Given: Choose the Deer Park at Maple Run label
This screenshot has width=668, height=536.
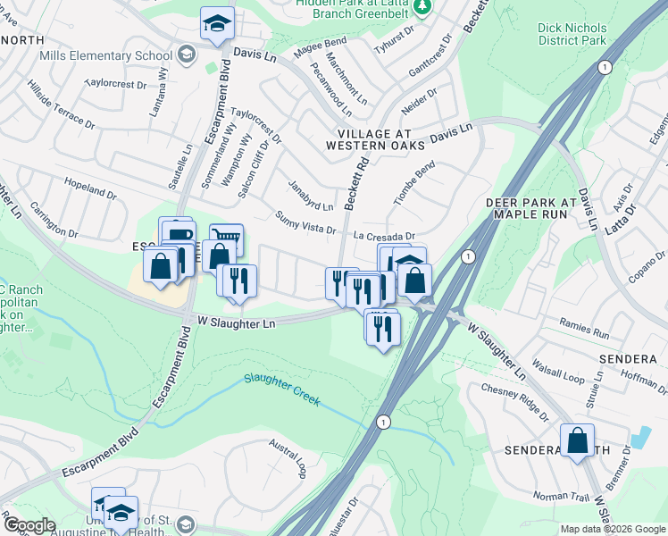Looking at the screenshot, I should click(x=539, y=209).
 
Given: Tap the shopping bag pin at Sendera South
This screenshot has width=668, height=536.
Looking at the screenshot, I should click(x=577, y=440).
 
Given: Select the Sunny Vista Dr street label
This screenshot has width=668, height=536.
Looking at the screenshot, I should click(x=305, y=222).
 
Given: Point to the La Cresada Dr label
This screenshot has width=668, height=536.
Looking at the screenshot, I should click(x=385, y=237).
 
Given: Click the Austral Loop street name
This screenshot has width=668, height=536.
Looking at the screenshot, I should click(x=289, y=455).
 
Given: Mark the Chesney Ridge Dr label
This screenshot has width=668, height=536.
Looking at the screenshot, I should click(x=514, y=401).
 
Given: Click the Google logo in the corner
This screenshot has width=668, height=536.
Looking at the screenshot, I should click(x=29, y=525).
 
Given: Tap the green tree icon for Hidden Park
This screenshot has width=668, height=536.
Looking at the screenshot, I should click(x=426, y=7).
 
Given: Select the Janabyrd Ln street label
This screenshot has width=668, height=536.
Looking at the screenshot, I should click(x=311, y=196).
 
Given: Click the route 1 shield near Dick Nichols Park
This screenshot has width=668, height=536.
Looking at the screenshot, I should click(x=605, y=68).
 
